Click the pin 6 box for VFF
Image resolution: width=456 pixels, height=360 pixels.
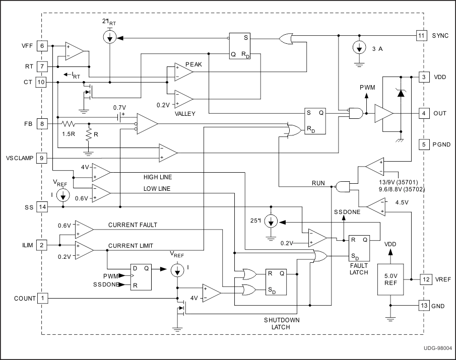click(x=42, y=46)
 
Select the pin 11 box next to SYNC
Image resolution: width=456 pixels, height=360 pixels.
click(x=421, y=35)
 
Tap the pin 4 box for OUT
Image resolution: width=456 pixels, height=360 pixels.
click(x=424, y=113)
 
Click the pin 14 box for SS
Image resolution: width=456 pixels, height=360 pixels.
click(x=42, y=207)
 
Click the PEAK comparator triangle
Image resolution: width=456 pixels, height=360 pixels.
click(x=183, y=71)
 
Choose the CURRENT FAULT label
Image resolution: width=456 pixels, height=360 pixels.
click(x=133, y=225)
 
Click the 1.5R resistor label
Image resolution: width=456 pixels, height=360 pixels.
click(x=69, y=134)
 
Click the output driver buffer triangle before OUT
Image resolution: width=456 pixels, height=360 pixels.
click(x=383, y=114)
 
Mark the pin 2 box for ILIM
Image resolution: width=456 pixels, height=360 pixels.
click(x=42, y=245)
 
